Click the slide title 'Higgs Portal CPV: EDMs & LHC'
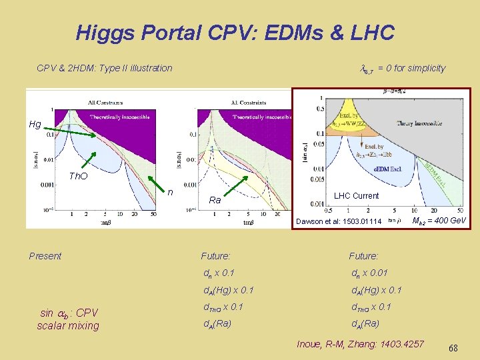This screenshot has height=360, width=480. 235,32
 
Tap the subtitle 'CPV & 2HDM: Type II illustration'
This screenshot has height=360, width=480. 104,68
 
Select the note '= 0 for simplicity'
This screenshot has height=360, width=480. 411,68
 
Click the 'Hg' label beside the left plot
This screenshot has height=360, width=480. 35,124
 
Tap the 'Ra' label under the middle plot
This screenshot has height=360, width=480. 215,200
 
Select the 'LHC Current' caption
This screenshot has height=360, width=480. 356,196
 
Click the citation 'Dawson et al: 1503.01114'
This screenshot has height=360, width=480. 339,221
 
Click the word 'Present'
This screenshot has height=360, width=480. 45,256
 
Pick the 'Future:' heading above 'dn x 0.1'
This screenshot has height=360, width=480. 215,256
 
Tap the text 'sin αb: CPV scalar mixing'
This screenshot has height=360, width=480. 69,319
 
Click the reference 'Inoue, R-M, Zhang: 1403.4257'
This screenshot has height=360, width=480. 360,344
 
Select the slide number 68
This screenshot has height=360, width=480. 453,348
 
